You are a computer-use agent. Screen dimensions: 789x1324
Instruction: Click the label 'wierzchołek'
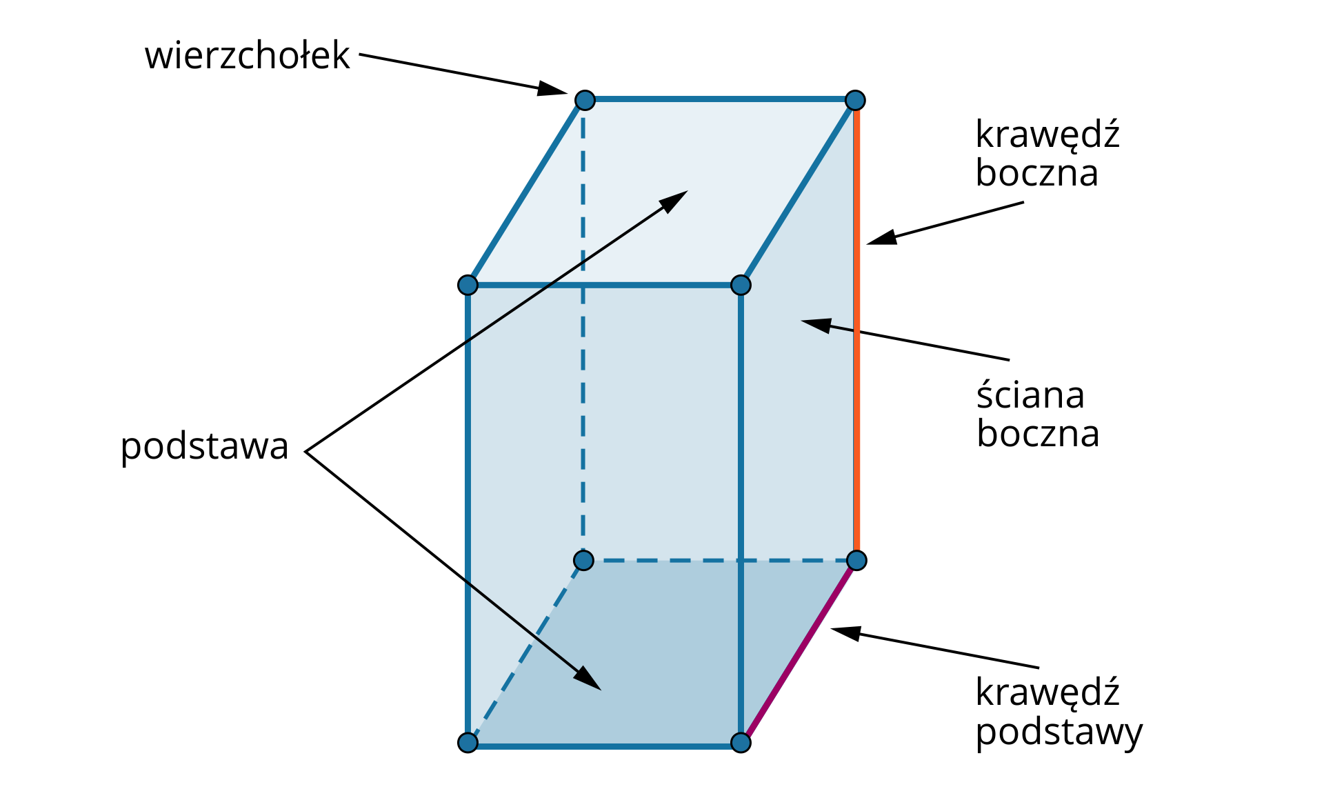[x=247, y=56]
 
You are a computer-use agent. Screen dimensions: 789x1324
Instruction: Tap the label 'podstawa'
[x=204, y=446]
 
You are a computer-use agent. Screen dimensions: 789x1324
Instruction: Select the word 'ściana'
[x=1030, y=395]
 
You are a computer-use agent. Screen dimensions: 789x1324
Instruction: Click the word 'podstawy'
[x=1059, y=732]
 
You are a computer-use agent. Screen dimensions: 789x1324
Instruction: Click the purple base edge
[x=799, y=652]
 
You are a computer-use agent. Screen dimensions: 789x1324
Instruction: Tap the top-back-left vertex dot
[x=585, y=100]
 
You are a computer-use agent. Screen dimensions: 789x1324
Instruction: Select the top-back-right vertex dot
[x=855, y=100]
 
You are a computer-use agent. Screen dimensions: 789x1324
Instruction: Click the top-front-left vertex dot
[x=468, y=285]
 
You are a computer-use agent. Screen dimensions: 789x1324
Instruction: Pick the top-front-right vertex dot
[x=741, y=285]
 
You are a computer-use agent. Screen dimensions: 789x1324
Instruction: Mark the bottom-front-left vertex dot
[x=468, y=743]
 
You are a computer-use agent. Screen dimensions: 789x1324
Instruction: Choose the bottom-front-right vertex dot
[x=741, y=743]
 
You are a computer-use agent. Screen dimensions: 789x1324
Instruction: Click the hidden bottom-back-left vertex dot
[x=583, y=560]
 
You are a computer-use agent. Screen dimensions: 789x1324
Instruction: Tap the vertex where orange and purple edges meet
[x=856, y=560]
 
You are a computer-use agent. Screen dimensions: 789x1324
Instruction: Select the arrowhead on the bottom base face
[x=588, y=679]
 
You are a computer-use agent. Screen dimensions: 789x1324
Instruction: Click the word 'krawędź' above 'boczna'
[x=1047, y=134]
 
